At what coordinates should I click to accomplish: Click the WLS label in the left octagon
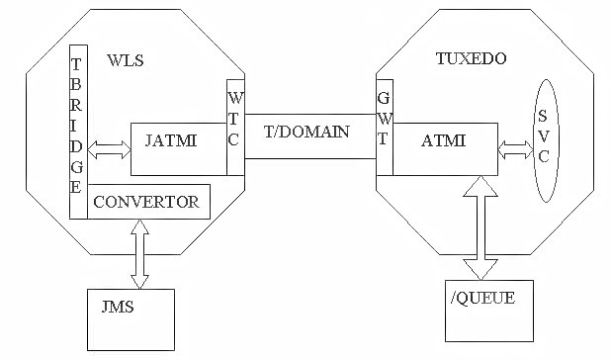pos(125,61)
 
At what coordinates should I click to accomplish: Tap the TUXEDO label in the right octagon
pos(472,59)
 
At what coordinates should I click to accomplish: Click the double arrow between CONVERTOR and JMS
pos(139,254)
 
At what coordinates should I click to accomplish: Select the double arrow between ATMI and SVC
pos(515,150)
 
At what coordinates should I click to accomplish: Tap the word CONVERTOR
pos(145,203)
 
